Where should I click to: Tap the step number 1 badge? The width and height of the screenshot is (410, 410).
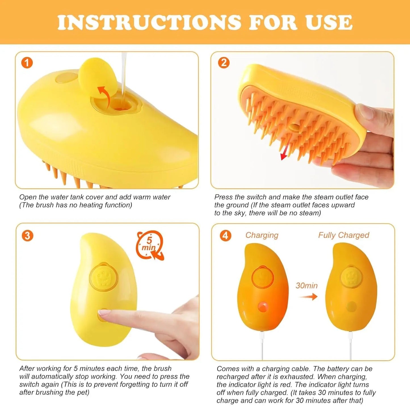27,63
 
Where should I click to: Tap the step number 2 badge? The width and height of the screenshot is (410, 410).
224,63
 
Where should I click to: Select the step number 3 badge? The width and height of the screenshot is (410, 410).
28,236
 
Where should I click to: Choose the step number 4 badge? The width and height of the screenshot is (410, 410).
225,236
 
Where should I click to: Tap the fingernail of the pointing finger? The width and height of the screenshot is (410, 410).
104,313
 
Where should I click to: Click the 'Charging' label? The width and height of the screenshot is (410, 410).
262,235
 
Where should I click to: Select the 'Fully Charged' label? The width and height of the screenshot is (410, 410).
343,235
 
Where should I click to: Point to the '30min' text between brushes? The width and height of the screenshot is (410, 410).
306,285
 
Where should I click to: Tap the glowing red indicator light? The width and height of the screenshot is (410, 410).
263,307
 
